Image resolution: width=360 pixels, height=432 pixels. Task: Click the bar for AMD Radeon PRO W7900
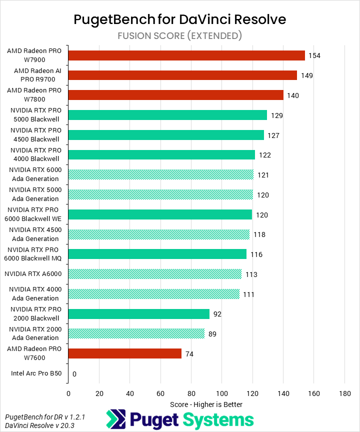(x=186, y=55)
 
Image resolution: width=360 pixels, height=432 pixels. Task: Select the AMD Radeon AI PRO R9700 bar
(x=182, y=75)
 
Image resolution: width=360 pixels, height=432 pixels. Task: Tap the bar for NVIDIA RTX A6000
(x=155, y=274)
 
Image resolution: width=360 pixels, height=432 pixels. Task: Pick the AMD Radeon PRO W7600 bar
(x=125, y=353)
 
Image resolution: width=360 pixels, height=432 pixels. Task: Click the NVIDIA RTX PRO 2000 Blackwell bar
(x=139, y=314)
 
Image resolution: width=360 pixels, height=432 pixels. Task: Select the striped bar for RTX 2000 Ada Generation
(x=136, y=333)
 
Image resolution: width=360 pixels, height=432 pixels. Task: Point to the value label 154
(x=314, y=55)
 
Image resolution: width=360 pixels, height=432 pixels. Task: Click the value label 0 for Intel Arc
(x=74, y=374)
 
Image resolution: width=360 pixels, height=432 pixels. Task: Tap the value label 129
(x=277, y=115)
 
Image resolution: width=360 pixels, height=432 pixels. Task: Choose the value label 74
(x=189, y=354)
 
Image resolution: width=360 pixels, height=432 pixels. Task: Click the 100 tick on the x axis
(x=221, y=393)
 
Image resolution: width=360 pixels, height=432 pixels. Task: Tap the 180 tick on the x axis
(x=344, y=393)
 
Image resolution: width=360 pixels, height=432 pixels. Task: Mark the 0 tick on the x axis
(x=68, y=393)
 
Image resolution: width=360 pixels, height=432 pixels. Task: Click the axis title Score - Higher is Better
(x=206, y=403)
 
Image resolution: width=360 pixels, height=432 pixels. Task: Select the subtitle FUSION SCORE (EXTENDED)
(x=180, y=35)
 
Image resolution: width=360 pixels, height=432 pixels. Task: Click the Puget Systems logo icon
(x=115, y=419)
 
